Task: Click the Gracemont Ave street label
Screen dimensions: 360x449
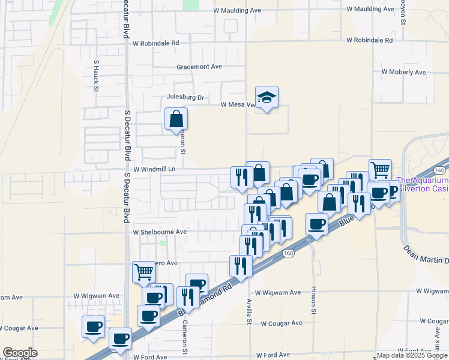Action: click(199, 67)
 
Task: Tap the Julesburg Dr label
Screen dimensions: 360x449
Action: click(185, 98)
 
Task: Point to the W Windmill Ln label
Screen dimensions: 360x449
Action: click(154, 169)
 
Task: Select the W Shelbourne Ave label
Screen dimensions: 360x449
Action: click(160, 232)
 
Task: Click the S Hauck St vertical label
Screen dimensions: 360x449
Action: click(96, 75)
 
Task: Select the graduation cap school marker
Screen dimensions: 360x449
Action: click(267, 97)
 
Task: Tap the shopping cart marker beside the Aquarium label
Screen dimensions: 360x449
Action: click(380, 170)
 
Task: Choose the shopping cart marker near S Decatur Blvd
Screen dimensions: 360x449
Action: click(143, 272)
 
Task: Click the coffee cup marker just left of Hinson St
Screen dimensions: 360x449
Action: click(317, 224)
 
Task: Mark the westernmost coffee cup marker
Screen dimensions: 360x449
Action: click(93, 326)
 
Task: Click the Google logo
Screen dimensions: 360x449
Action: click(20, 353)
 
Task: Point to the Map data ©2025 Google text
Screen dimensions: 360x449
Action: click(412, 355)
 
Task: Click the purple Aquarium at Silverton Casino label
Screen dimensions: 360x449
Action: click(423, 184)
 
